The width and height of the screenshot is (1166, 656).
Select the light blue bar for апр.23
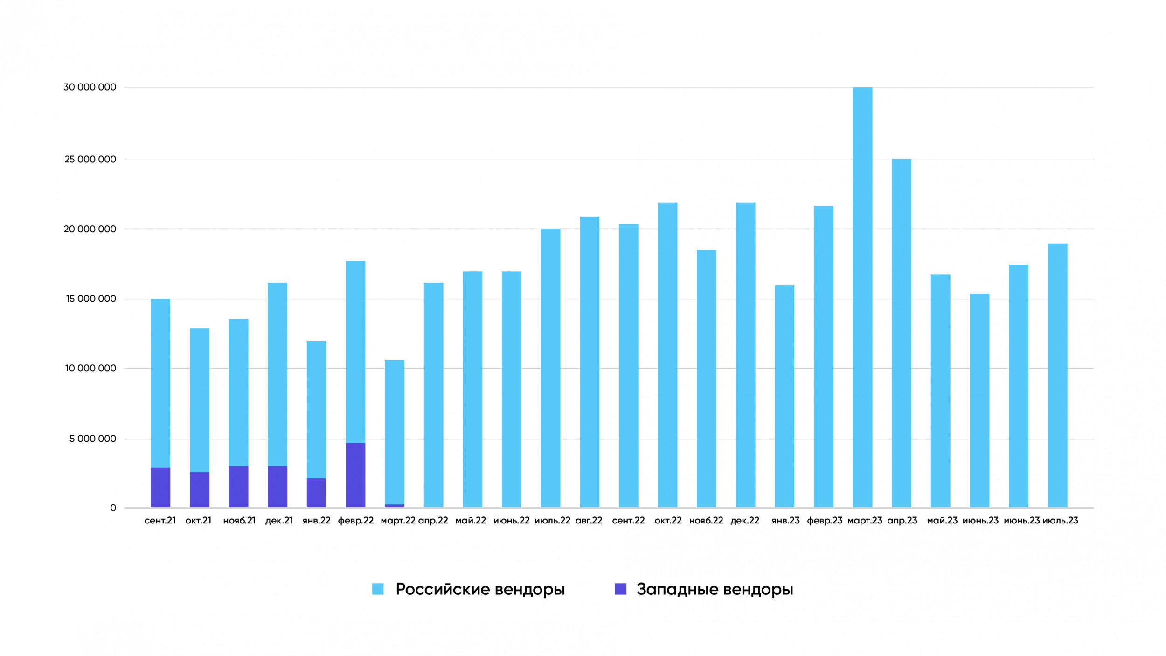pos(901,333)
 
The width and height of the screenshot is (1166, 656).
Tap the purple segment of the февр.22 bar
pos(355,475)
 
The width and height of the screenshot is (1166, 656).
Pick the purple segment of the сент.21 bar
pos(160,487)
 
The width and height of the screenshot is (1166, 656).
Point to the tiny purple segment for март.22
pos(395,506)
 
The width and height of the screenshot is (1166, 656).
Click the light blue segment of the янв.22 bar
pos(316,410)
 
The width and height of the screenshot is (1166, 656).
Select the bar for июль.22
pos(550,368)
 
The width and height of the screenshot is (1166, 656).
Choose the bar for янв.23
pos(784,396)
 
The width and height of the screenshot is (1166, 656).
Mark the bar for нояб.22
pos(706,379)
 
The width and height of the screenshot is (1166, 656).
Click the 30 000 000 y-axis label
pos(90,87)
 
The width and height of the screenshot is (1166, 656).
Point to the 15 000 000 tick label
pos(91,299)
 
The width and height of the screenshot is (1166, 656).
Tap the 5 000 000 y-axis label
pos(93,439)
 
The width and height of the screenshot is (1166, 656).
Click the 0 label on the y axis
pos(113,508)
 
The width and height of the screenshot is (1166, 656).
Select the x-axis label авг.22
pos(589,521)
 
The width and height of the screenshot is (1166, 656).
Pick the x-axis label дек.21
pos(279,521)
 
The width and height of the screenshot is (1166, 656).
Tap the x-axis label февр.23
pos(825,521)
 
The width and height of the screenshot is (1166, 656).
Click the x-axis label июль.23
pos(1060,521)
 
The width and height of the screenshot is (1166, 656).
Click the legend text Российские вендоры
pos(480,589)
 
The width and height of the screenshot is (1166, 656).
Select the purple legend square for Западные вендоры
pos(620,589)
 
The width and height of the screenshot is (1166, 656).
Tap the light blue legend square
pos(378,589)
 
